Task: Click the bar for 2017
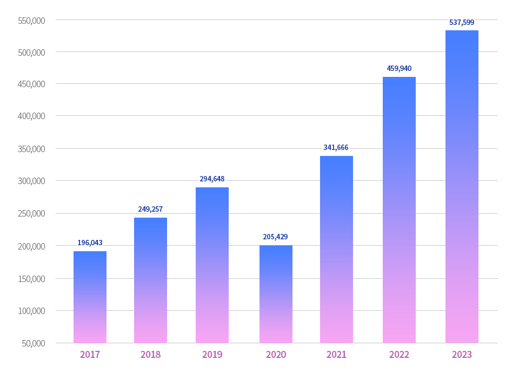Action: (x=90, y=297)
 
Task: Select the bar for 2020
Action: (x=276, y=294)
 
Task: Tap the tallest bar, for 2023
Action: (x=462, y=186)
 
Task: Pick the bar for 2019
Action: (x=212, y=265)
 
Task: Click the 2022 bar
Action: (x=399, y=210)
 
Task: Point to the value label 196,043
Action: (x=90, y=243)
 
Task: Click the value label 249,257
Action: (x=150, y=210)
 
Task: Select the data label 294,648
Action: (x=212, y=179)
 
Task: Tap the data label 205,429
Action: (x=275, y=237)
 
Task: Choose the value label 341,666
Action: (x=336, y=148)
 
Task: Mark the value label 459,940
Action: (x=399, y=69)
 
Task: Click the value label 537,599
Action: (x=462, y=23)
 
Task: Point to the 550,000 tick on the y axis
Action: (x=31, y=21)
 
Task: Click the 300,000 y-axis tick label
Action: (x=31, y=181)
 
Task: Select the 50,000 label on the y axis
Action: (x=33, y=343)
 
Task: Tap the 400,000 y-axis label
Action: (x=31, y=116)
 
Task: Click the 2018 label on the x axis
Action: (x=150, y=355)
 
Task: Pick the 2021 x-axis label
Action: (x=336, y=355)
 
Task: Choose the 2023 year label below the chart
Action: (x=462, y=355)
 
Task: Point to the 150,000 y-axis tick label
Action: (x=31, y=279)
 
